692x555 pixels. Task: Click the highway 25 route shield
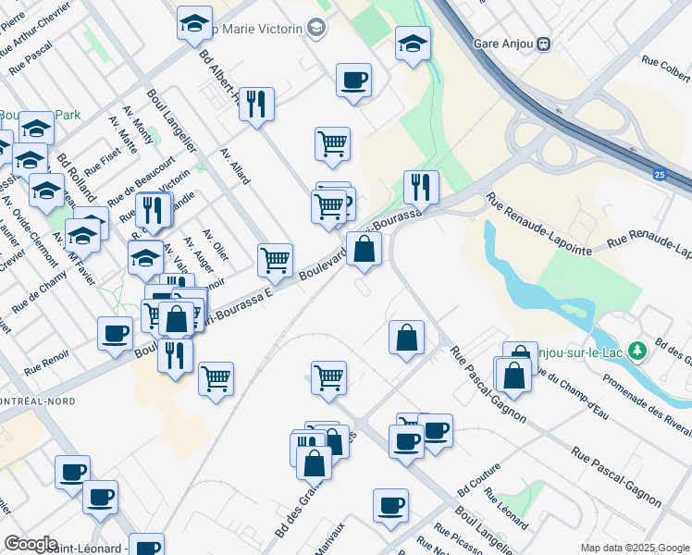[x=659, y=173]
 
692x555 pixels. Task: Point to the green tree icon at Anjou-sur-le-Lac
[x=636, y=351]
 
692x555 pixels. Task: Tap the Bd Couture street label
[x=477, y=480]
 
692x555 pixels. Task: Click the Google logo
[x=31, y=544]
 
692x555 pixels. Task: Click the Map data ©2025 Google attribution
[x=635, y=548]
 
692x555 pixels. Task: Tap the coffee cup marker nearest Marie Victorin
[x=353, y=80]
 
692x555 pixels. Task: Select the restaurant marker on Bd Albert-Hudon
[x=255, y=103]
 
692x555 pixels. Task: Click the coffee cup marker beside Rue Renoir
[x=116, y=333]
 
